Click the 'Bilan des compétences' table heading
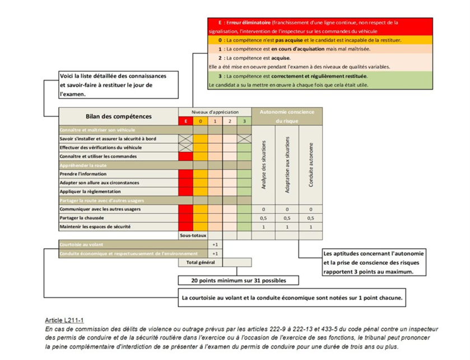click(118, 116)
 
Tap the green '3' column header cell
click(244, 121)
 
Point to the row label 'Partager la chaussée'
click(85, 218)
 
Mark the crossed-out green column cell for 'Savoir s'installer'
click(244, 138)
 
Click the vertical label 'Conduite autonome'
click(311, 165)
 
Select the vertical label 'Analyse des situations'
click(264, 166)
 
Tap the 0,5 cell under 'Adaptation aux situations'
click(287, 218)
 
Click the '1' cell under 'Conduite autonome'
click(311, 227)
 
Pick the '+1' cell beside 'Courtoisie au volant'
click(215, 245)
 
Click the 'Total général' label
click(193, 262)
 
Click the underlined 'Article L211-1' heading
click(64, 320)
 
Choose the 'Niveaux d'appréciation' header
click(215, 113)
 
